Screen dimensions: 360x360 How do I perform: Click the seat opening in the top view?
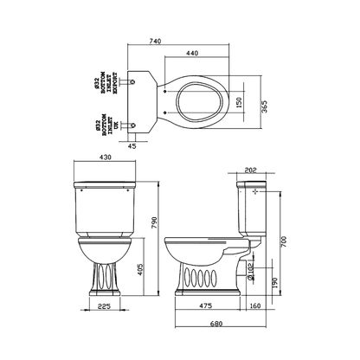pos(196,104)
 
